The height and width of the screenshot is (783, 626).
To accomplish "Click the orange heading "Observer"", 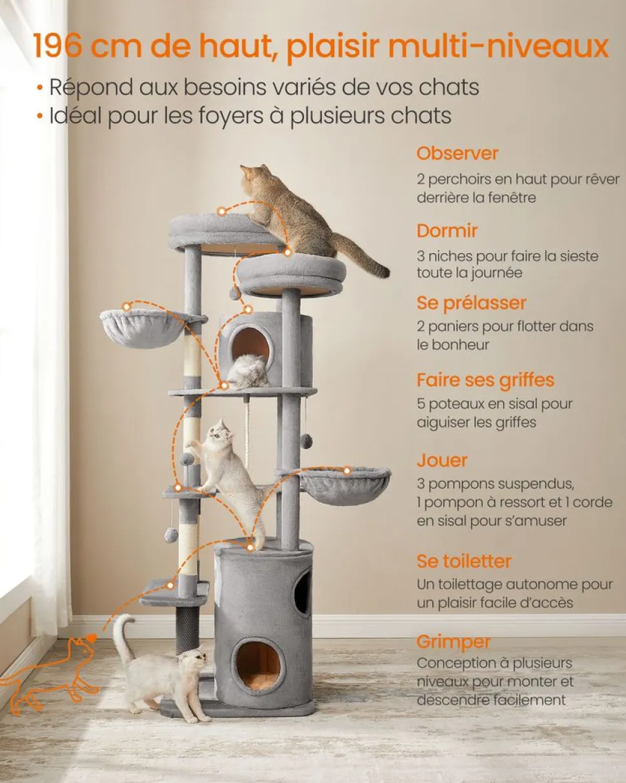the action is pyautogui.click(x=457, y=153).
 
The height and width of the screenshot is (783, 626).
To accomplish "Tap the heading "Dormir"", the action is pyautogui.click(x=447, y=230).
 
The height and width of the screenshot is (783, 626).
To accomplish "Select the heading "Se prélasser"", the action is pyautogui.click(x=471, y=303).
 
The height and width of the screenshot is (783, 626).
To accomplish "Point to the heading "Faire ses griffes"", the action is pyautogui.click(x=485, y=381).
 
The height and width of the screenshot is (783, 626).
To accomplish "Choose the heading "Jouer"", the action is pyautogui.click(x=441, y=461).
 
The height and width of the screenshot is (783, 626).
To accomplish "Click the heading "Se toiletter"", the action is pyautogui.click(x=464, y=561).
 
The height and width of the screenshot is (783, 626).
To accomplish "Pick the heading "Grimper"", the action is pyautogui.click(x=453, y=642).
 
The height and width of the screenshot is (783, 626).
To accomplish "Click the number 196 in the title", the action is pyautogui.click(x=57, y=46).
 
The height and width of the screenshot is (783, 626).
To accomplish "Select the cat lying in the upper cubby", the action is pyautogui.click(x=247, y=371).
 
